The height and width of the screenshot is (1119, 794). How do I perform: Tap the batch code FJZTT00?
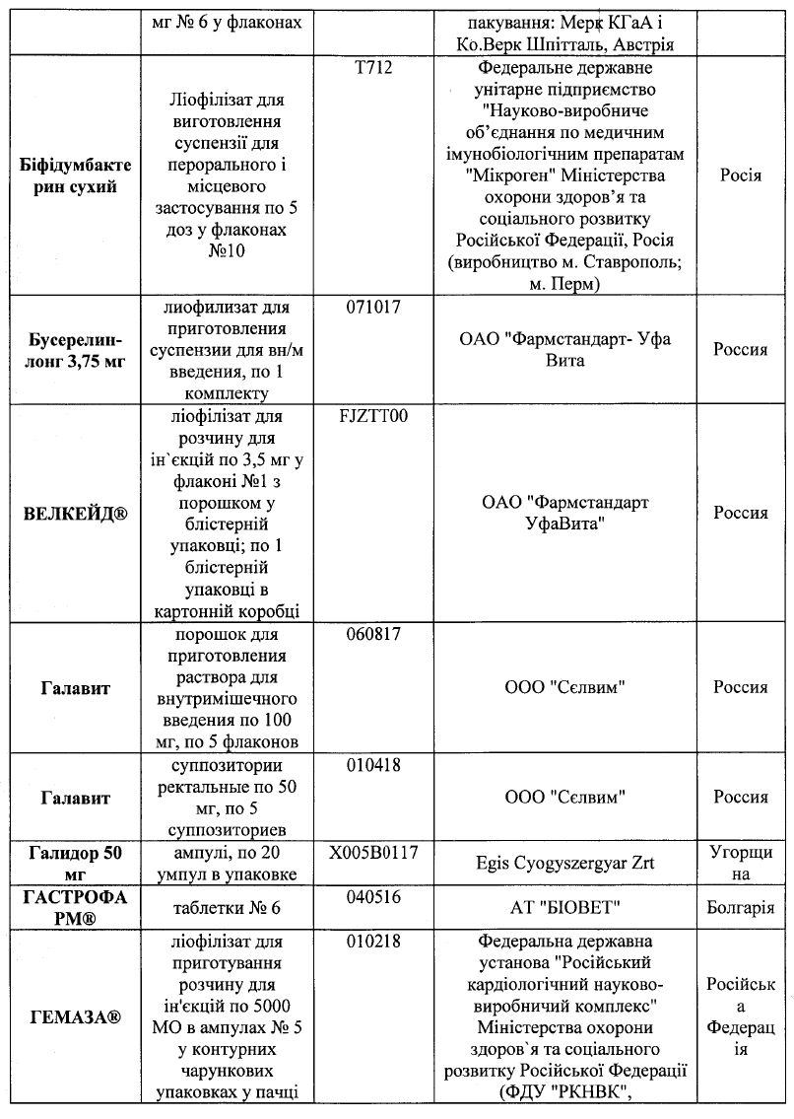pos(373,415)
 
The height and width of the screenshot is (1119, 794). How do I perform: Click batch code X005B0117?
pos(373,852)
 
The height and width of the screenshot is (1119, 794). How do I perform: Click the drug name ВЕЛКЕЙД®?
pos(74,513)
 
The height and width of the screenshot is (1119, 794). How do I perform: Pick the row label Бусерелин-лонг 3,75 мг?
pos(74,350)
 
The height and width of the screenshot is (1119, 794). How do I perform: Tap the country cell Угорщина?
pos(741,863)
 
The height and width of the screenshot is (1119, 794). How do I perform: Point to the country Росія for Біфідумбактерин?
pos(741,175)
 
